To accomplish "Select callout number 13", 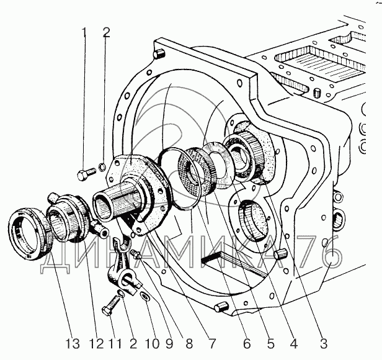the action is tap(73, 344).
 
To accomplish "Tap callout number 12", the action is tap(96, 344).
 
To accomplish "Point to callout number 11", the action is tap(115, 344).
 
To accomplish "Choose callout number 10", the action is tap(153, 344).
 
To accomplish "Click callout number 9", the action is tap(169, 344).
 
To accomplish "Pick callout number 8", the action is tap(189, 344).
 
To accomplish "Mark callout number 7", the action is tap(212, 344).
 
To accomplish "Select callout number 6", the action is tap(247, 344).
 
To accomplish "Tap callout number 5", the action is tap(270, 344).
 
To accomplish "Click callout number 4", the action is tap(293, 344).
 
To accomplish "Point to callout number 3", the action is tap(323, 344).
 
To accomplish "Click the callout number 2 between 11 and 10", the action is tap(133, 344).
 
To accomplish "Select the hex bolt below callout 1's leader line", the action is tap(86, 174).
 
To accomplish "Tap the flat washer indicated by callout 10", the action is tap(146, 297).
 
